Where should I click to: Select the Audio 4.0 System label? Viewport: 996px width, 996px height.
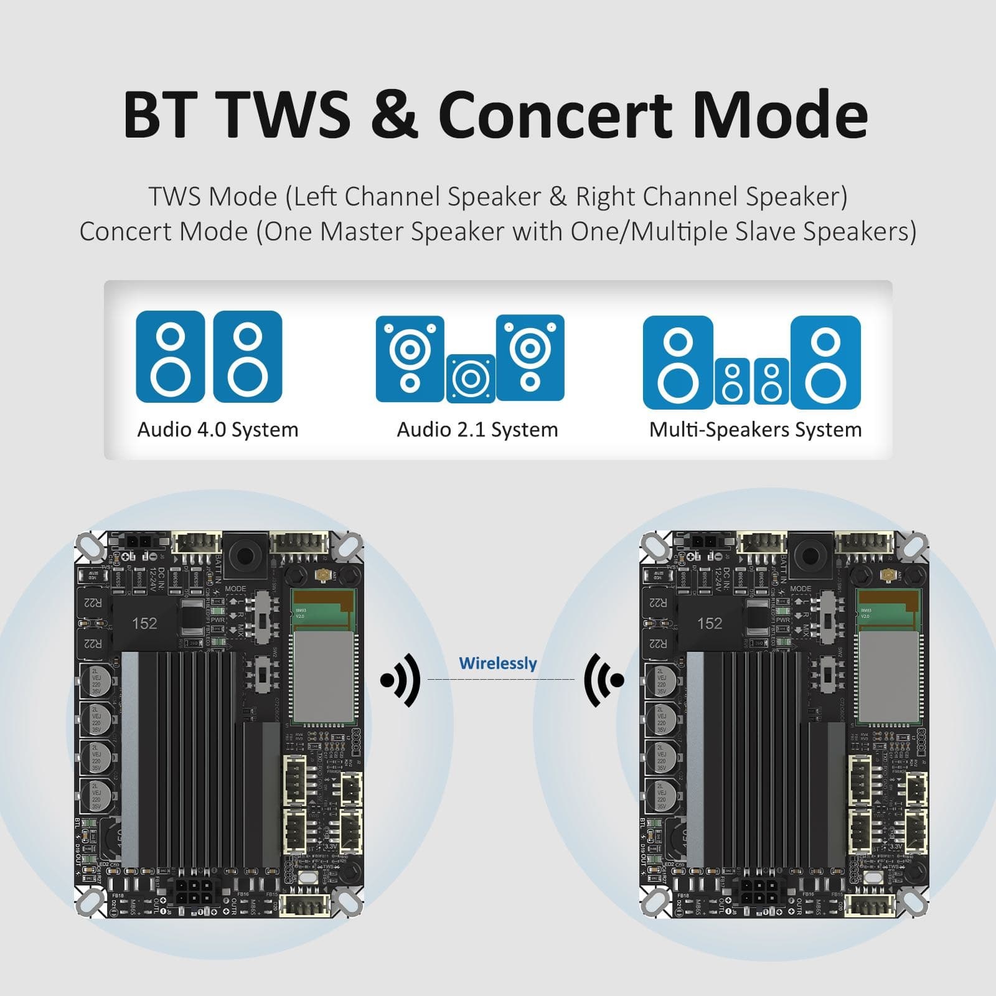tap(218, 430)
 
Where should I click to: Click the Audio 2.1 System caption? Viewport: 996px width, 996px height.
tap(477, 430)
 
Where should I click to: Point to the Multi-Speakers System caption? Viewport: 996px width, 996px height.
tap(755, 430)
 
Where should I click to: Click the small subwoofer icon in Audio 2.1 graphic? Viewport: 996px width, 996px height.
tap(471, 378)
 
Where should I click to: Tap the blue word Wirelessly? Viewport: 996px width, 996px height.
tap(497, 663)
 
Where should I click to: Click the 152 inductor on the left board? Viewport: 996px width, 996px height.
tap(144, 623)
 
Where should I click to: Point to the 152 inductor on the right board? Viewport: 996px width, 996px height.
tap(710, 623)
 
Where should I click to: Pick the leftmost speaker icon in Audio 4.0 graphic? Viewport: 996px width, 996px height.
tap(170, 356)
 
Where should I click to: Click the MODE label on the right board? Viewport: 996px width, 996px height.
tap(801, 588)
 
